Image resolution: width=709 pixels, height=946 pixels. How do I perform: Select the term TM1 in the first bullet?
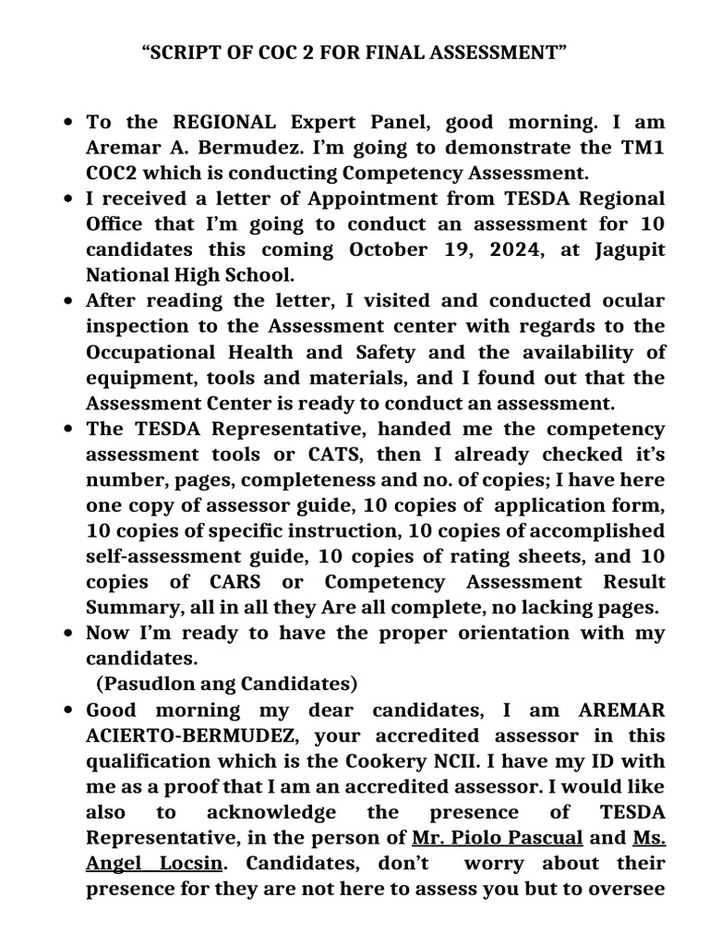point(640,148)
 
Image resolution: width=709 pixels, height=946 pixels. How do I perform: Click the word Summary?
point(126,607)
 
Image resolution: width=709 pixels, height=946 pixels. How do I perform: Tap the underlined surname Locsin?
point(186,863)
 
